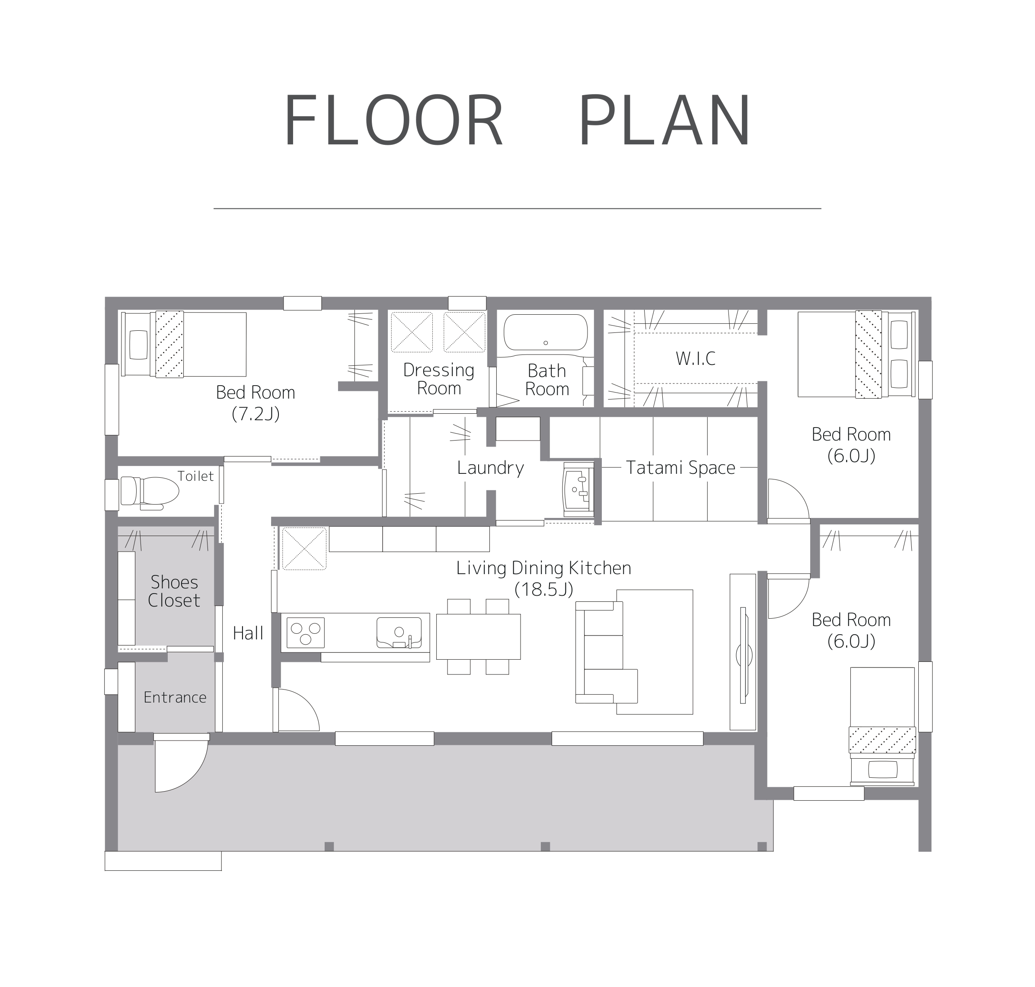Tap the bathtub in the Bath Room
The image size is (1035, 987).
tap(546, 332)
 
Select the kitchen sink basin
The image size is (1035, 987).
tap(399, 632)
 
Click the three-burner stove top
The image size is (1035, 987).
tap(305, 632)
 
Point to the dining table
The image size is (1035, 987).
tap(478, 637)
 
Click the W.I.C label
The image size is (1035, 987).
tap(696, 359)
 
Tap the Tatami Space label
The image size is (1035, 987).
tap(680, 467)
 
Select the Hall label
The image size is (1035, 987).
tap(248, 633)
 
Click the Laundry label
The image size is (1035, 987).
tap(490, 468)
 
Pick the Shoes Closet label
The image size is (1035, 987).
tap(174, 591)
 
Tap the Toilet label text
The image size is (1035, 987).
tap(195, 476)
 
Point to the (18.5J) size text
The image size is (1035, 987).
tap(543, 589)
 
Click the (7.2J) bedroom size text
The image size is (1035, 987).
tap(256, 414)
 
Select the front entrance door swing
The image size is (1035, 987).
tap(181, 763)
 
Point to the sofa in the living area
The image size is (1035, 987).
tap(606, 652)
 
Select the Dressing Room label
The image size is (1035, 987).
tap(439, 379)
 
